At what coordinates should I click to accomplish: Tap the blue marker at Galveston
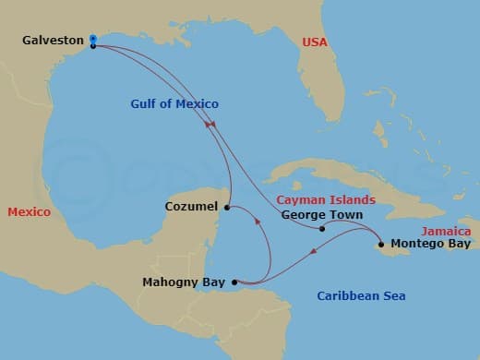(93, 39)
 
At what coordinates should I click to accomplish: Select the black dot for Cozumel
(228, 206)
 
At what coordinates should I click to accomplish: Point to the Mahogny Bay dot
(234, 282)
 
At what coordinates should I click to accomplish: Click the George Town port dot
(321, 228)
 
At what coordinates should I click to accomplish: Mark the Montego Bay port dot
(380, 245)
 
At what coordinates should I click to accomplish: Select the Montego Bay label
(430, 245)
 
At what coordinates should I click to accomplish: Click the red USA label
(316, 42)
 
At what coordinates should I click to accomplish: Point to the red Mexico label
(29, 212)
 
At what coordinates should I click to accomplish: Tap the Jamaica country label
(446, 231)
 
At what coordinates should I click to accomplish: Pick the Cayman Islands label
(327, 199)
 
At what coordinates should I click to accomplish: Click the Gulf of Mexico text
(174, 104)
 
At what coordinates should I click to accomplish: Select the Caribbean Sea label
(361, 296)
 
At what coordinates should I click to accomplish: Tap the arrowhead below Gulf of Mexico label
(211, 124)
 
